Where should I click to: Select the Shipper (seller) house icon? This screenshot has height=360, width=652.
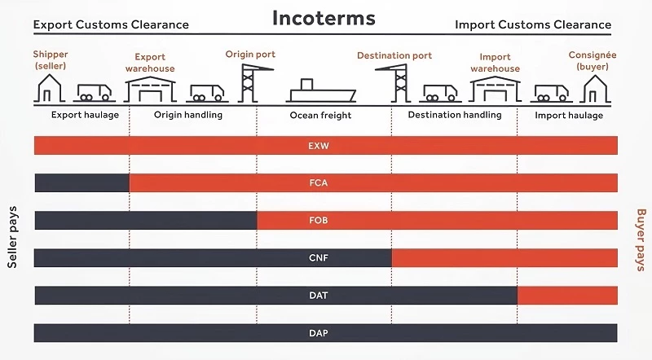pos(51,88)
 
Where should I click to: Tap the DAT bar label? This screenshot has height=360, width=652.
pos(319,295)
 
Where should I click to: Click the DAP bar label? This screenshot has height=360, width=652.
pos(319,332)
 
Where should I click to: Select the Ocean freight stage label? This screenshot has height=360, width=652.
pos(320,116)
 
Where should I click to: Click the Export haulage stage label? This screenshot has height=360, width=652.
pos(85,115)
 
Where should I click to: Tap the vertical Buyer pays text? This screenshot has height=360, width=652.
pos(639,240)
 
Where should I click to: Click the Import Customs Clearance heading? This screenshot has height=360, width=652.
pos(533,24)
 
